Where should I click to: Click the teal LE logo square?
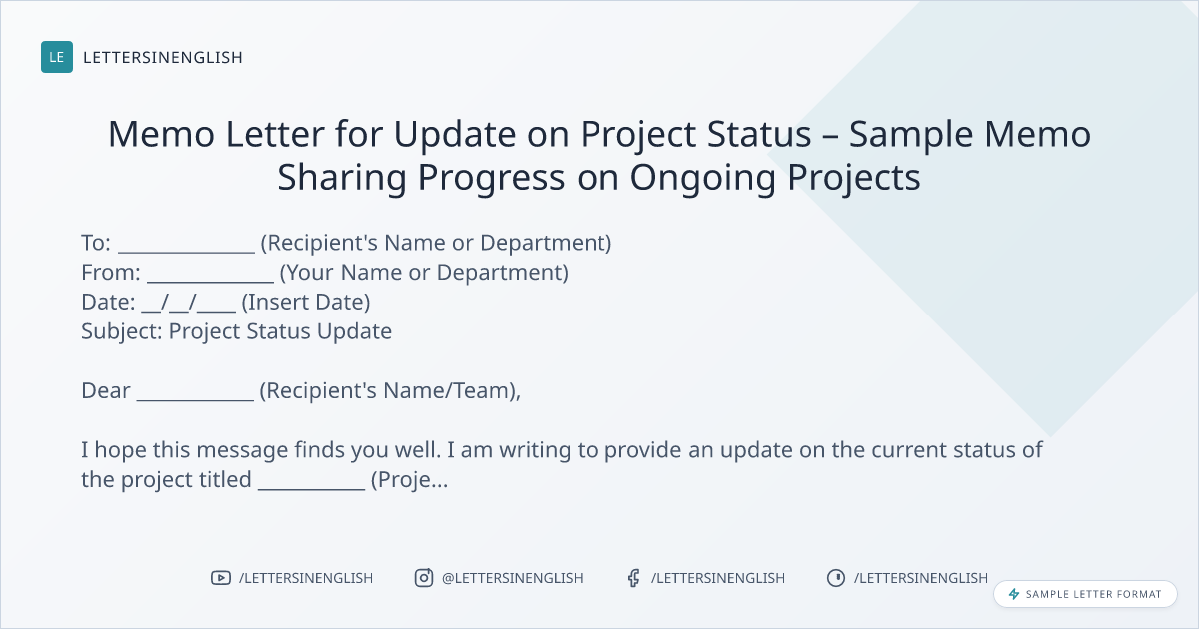tap(57, 57)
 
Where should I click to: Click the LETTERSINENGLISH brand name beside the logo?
tap(163, 57)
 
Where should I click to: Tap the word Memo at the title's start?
tap(161, 134)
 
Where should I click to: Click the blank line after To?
tap(186, 252)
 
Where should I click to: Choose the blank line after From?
tap(211, 281)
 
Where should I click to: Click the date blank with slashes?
tap(189, 303)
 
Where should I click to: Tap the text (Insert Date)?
tap(306, 303)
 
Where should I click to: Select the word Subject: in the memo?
tap(122, 332)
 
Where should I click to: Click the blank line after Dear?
tap(196, 399)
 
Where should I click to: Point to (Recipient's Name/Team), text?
tap(390, 391)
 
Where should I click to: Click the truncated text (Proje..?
tap(409, 480)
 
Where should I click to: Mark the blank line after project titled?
tap(312, 488)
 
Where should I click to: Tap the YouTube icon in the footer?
tap(221, 578)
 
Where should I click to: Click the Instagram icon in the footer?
tap(424, 578)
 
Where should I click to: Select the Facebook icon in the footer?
tap(633, 578)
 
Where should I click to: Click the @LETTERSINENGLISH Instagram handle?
tap(513, 578)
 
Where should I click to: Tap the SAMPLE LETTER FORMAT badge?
tap(1085, 594)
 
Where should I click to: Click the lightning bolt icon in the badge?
tap(1014, 594)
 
